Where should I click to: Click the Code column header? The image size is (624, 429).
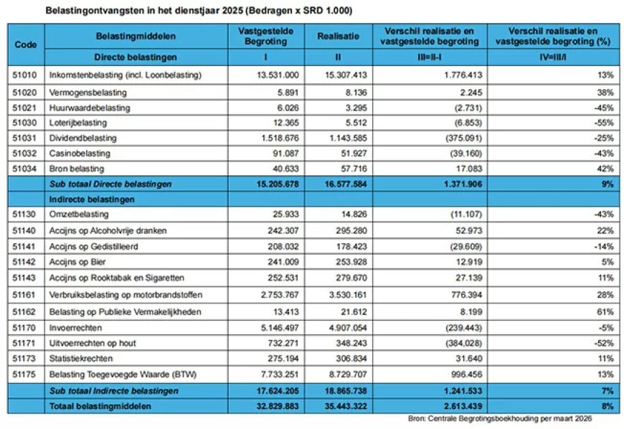(25, 44)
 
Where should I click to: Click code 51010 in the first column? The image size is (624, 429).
(26, 75)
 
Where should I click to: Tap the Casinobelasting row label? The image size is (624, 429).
(79, 154)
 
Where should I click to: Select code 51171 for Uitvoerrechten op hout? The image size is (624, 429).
(26, 343)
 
